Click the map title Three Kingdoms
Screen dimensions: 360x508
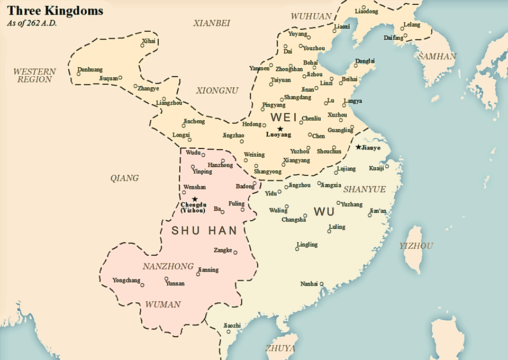(x=55, y=11)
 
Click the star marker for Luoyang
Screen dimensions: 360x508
(x=280, y=129)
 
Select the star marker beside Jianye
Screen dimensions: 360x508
(x=358, y=147)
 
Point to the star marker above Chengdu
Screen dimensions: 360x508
(x=195, y=199)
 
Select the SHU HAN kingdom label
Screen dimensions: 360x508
(x=204, y=231)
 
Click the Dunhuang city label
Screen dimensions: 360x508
(x=90, y=69)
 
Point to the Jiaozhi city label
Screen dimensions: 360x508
(x=232, y=325)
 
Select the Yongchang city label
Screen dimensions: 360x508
(x=126, y=280)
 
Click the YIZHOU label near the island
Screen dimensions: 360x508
(x=416, y=246)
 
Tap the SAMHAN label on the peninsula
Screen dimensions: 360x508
(x=437, y=56)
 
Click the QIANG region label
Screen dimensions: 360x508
(x=124, y=178)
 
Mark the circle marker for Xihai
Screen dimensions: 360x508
(x=142, y=46)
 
